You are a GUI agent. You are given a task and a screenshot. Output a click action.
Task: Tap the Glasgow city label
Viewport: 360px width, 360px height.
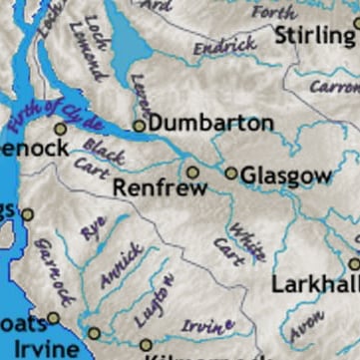285,177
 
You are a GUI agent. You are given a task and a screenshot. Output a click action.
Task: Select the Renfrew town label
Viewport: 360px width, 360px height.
160,187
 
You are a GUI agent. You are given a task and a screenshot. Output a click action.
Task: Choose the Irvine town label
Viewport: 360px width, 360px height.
40,349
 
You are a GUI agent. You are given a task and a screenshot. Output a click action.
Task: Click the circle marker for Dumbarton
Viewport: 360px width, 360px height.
140,126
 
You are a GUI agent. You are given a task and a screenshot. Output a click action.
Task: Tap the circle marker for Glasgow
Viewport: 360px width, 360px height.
231,173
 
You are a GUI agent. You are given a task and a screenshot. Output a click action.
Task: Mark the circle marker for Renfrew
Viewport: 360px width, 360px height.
193,172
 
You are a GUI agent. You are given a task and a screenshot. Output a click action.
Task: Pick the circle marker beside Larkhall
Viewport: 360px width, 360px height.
354,264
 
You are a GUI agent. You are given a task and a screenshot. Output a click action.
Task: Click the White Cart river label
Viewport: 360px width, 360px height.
231,238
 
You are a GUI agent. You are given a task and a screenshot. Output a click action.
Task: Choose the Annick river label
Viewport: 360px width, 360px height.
121,263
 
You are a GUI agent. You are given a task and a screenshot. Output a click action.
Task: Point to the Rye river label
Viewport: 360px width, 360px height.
94,228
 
